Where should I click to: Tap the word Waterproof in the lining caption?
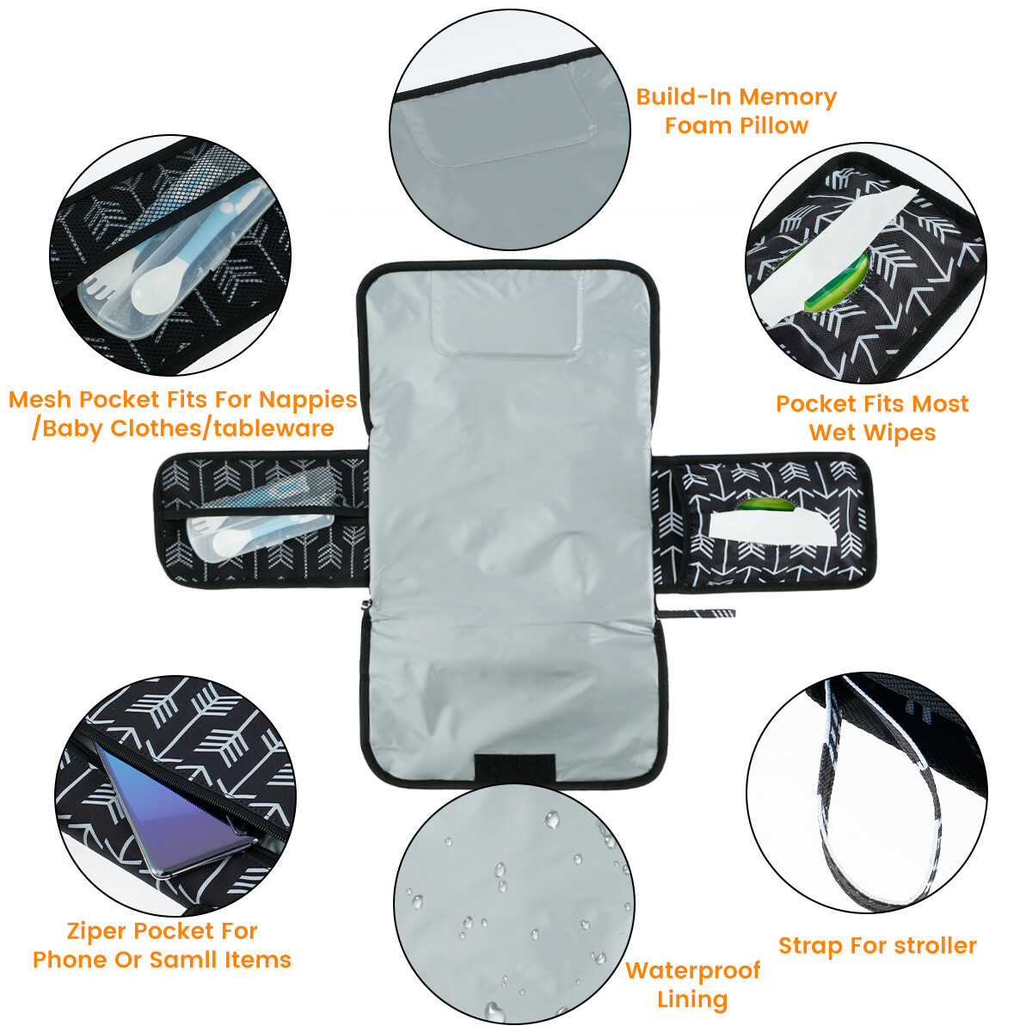(x=692, y=970)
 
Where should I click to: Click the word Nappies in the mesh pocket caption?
(x=307, y=400)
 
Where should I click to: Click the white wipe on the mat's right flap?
(x=770, y=525)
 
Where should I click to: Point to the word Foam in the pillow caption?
(x=693, y=126)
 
